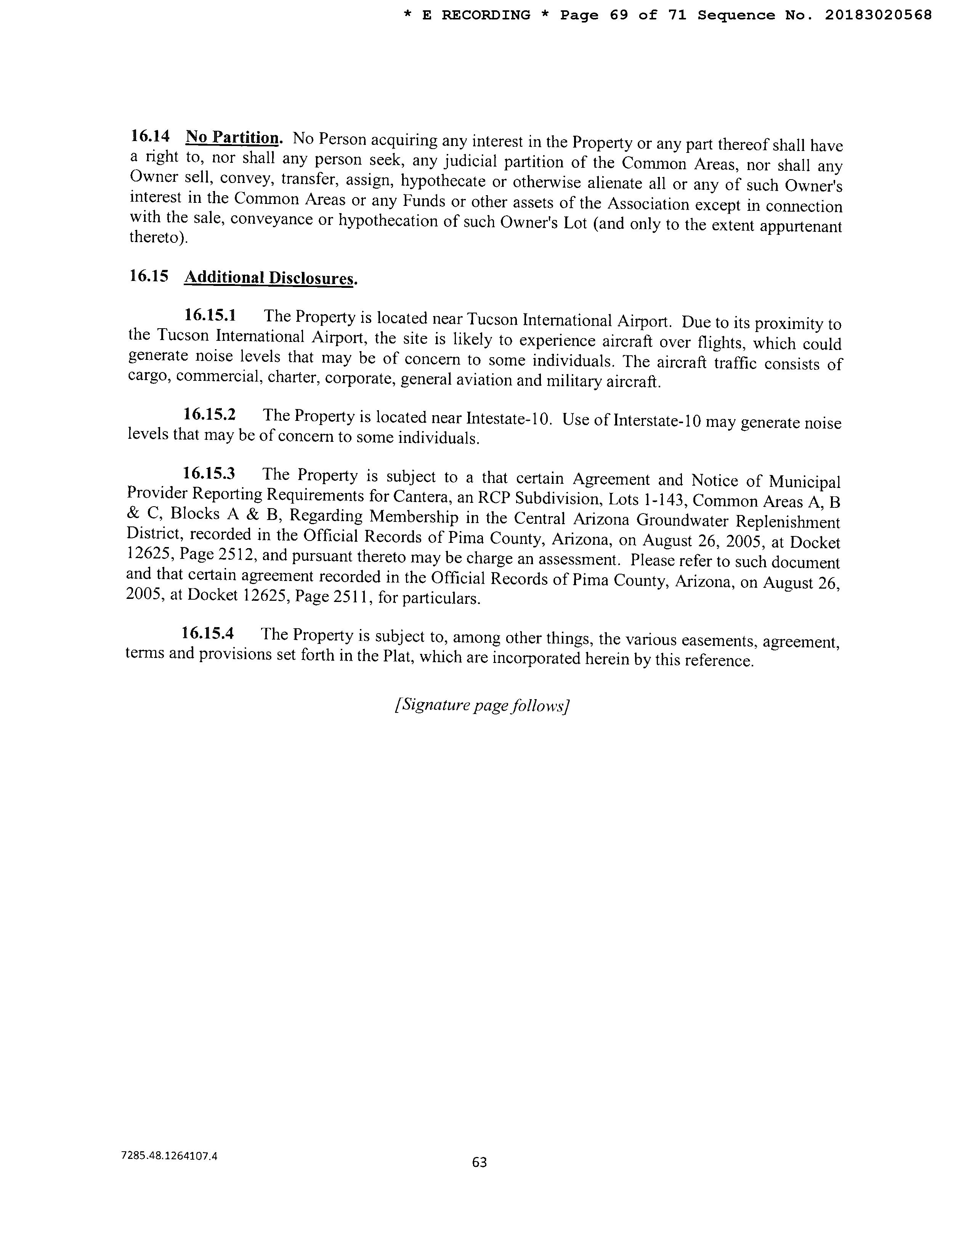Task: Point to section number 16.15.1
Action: (210, 315)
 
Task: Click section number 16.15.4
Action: (208, 633)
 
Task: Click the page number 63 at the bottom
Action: (479, 1162)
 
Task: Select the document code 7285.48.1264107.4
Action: (170, 1155)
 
